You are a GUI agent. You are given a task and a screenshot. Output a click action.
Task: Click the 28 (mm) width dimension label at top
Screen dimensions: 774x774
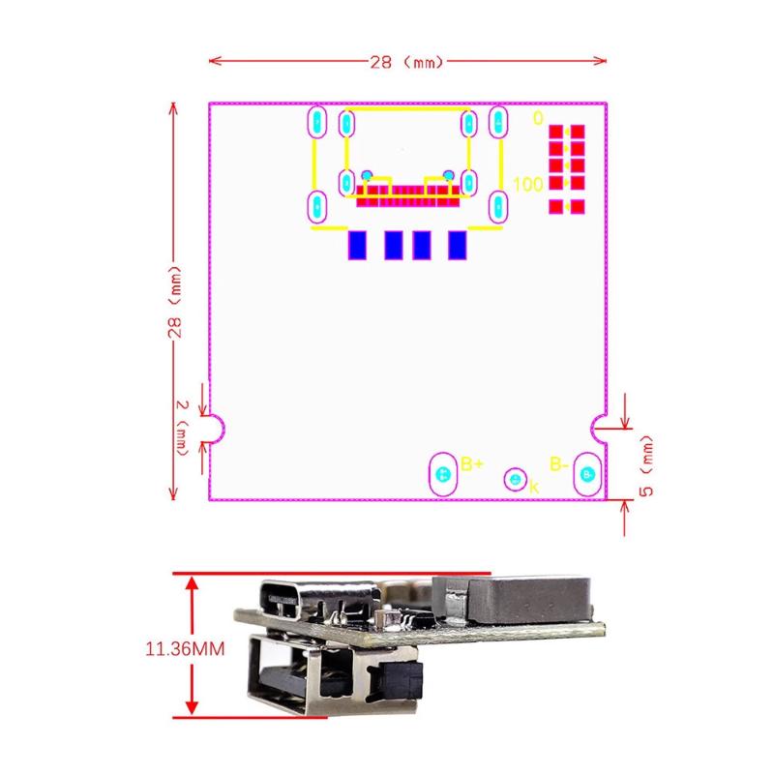405,61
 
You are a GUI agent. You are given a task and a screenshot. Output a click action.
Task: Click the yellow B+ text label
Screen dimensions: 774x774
472,463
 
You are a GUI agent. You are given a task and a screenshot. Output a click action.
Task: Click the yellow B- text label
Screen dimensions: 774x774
559,463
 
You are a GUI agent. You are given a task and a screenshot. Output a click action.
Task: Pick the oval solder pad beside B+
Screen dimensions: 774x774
443,474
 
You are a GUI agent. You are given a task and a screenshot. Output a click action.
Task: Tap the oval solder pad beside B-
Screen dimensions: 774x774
586,474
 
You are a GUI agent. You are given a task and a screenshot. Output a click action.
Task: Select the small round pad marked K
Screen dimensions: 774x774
516,479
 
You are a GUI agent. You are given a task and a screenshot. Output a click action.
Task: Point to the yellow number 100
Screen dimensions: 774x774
527,184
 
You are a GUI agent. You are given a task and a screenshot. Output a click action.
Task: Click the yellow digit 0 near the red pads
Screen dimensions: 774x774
538,118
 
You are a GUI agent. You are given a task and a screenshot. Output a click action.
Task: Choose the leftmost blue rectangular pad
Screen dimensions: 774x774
357,246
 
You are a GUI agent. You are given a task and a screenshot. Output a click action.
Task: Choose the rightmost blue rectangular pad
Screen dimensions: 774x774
457,246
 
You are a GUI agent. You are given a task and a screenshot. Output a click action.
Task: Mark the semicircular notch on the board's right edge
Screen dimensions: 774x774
599,426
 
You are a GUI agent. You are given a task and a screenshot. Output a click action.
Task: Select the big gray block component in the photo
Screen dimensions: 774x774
513,598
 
